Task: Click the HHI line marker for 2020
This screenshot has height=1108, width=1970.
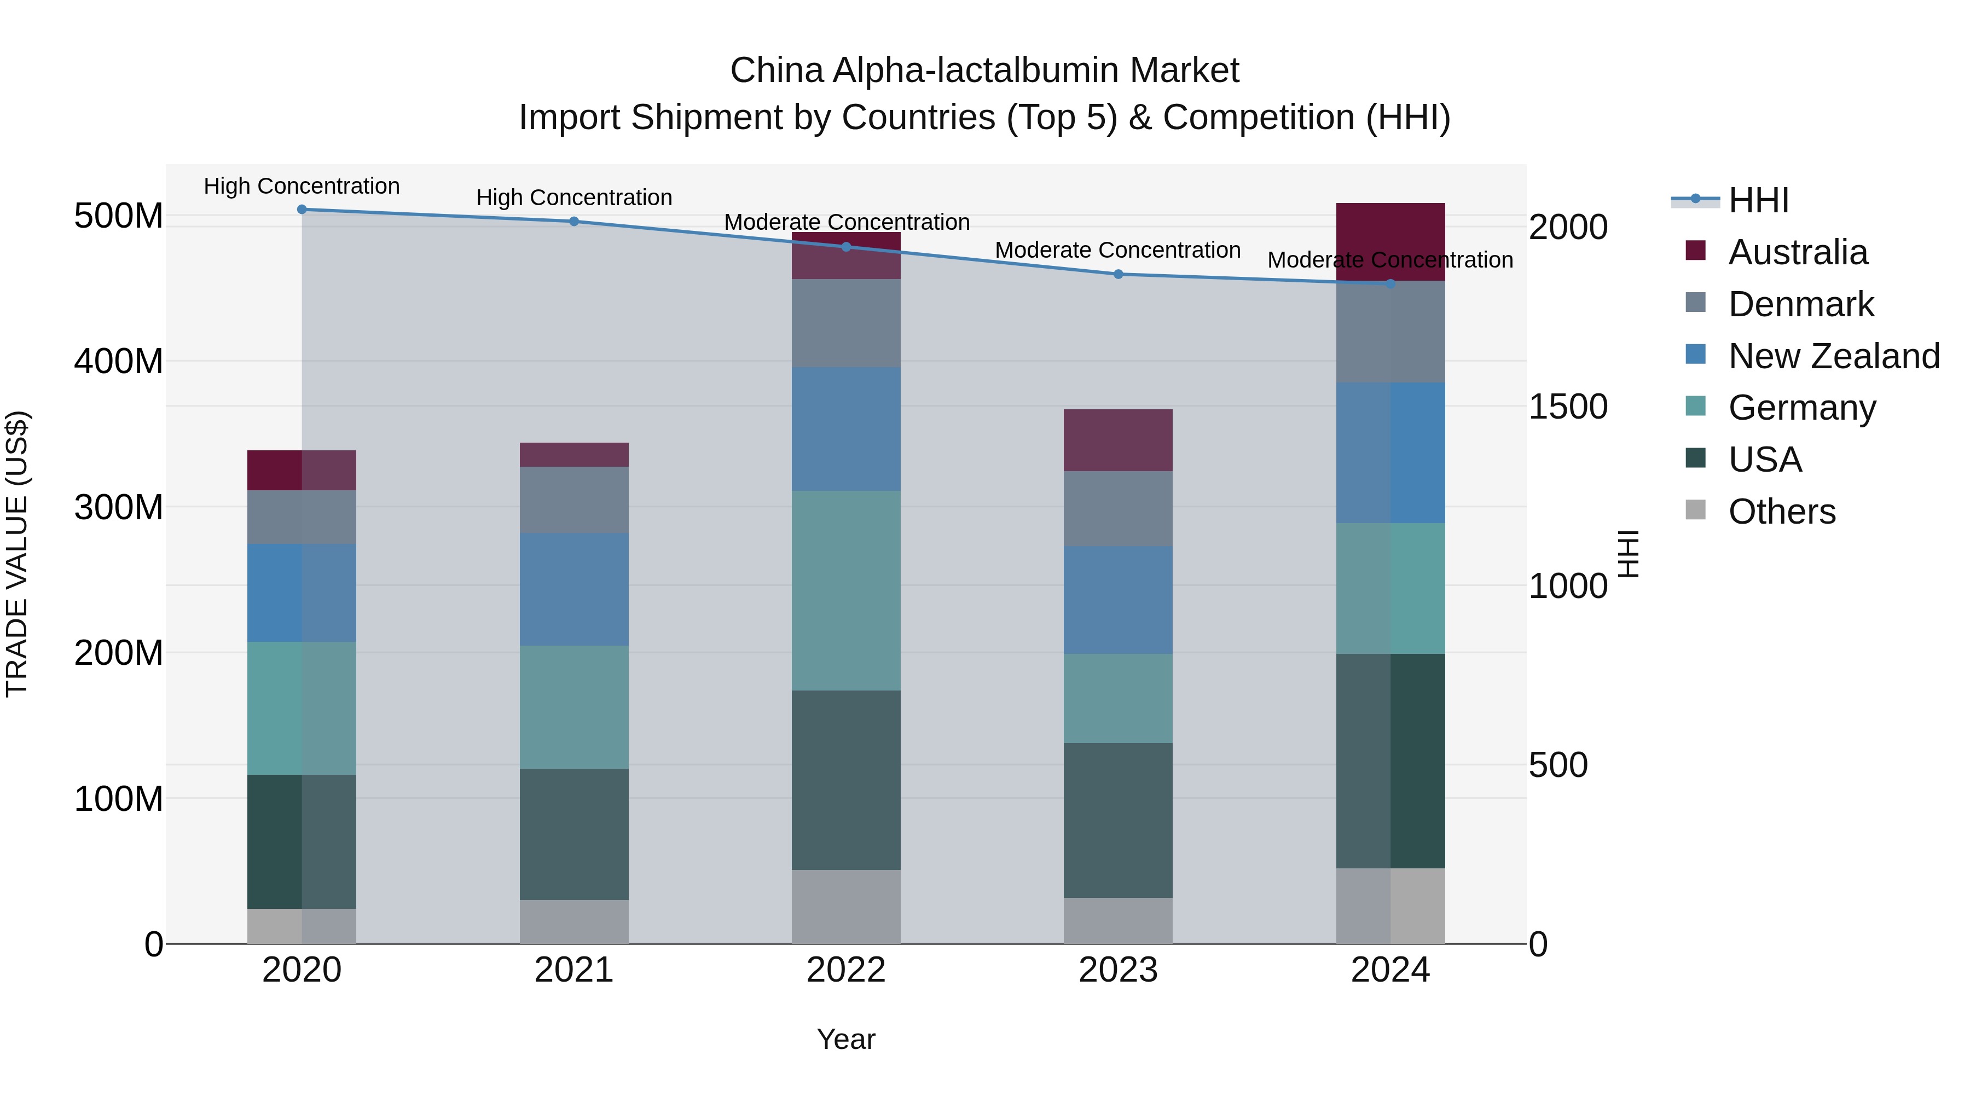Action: [x=302, y=210]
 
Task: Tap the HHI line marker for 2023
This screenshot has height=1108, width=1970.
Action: [x=1118, y=274]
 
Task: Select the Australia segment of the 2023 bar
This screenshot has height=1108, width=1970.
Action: [x=1118, y=440]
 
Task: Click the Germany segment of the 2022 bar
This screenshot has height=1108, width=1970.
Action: [x=846, y=590]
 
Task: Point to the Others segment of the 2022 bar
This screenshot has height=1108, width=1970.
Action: [x=846, y=906]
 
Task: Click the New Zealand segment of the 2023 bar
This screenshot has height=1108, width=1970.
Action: [x=1118, y=600]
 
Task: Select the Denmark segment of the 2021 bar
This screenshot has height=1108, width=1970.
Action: [x=573, y=500]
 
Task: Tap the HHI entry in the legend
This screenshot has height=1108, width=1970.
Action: [x=1757, y=200]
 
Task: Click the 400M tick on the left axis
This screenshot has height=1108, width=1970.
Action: [x=119, y=361]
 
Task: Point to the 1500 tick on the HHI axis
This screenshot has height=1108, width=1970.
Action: [x=1567, y=407]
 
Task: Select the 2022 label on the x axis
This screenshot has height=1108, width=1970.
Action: [x=846, y=970]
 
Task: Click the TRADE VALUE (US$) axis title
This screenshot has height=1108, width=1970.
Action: [x=17, y=554]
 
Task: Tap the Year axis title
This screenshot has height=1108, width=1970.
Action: [x=846, y=1039]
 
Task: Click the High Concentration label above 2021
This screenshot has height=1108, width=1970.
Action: [x=573, y=198]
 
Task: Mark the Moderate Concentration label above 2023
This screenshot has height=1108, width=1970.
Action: [x=1117, y=250]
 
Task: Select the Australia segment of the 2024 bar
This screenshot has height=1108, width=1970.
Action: [x=1390, y=229]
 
